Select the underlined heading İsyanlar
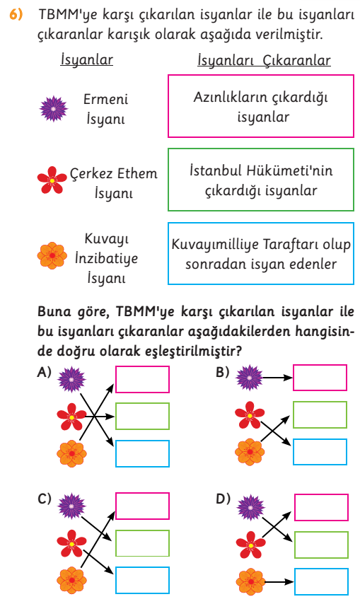coord(86,59)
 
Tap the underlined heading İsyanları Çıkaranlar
coord(264,60)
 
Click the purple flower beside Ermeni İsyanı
coord(53,109)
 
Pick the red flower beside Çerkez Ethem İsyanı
coord(52,180)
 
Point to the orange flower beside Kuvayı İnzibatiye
coord(52,255)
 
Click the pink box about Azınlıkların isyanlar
coord(261,106)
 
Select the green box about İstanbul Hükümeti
coord(261,180)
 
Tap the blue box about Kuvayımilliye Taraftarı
coord(261,253)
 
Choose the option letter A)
coord(45,372)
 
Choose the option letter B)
coord(223,372)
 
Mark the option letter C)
coord(45,499)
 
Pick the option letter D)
coord(223,499)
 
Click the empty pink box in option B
coord(320,378)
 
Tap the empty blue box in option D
coord(322,581)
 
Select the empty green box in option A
coord(142,416)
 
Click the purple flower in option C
coord(71,506)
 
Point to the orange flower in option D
coord(250,581)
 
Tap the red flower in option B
coord(250,415)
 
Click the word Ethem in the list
coord(137,173)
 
